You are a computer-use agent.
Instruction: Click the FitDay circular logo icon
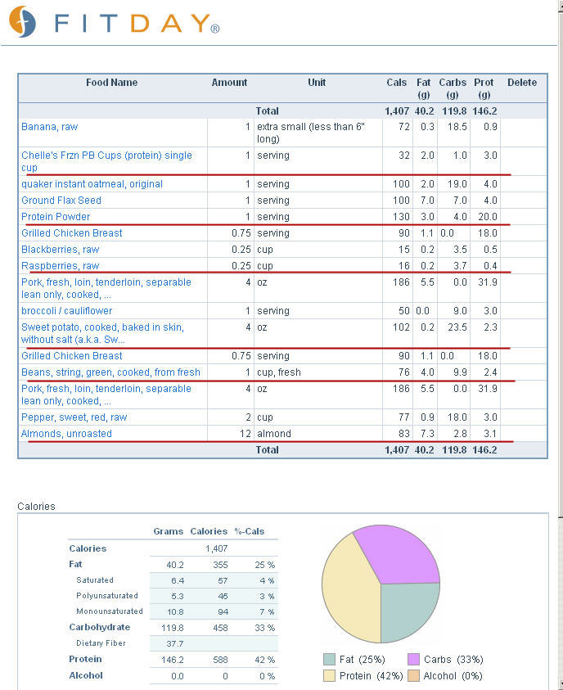(22, 21)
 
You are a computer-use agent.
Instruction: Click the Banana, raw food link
(50, 127)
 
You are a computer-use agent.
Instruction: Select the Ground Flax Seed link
(61, 201)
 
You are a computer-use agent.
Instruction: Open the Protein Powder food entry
(56, 217)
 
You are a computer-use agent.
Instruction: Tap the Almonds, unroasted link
(66, 434)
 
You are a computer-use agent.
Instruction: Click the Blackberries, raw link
(61, 250)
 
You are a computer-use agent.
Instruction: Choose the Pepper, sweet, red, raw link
(74, 417)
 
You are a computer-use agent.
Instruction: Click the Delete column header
(522, 83)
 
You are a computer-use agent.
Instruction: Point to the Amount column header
(229, 83)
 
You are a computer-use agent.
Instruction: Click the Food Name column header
(112, 83)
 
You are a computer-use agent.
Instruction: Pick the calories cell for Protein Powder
(401, 217)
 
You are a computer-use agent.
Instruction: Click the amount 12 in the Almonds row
(245, 434)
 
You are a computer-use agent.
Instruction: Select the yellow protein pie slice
(349, 589)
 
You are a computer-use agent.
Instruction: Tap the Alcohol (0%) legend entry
(445, 676)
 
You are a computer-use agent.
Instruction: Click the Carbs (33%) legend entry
(445, 659)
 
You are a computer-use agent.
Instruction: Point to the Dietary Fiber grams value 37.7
(174, 644)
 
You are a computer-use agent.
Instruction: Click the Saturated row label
(95, 580)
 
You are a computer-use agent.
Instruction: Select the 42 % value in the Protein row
(265, 660)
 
